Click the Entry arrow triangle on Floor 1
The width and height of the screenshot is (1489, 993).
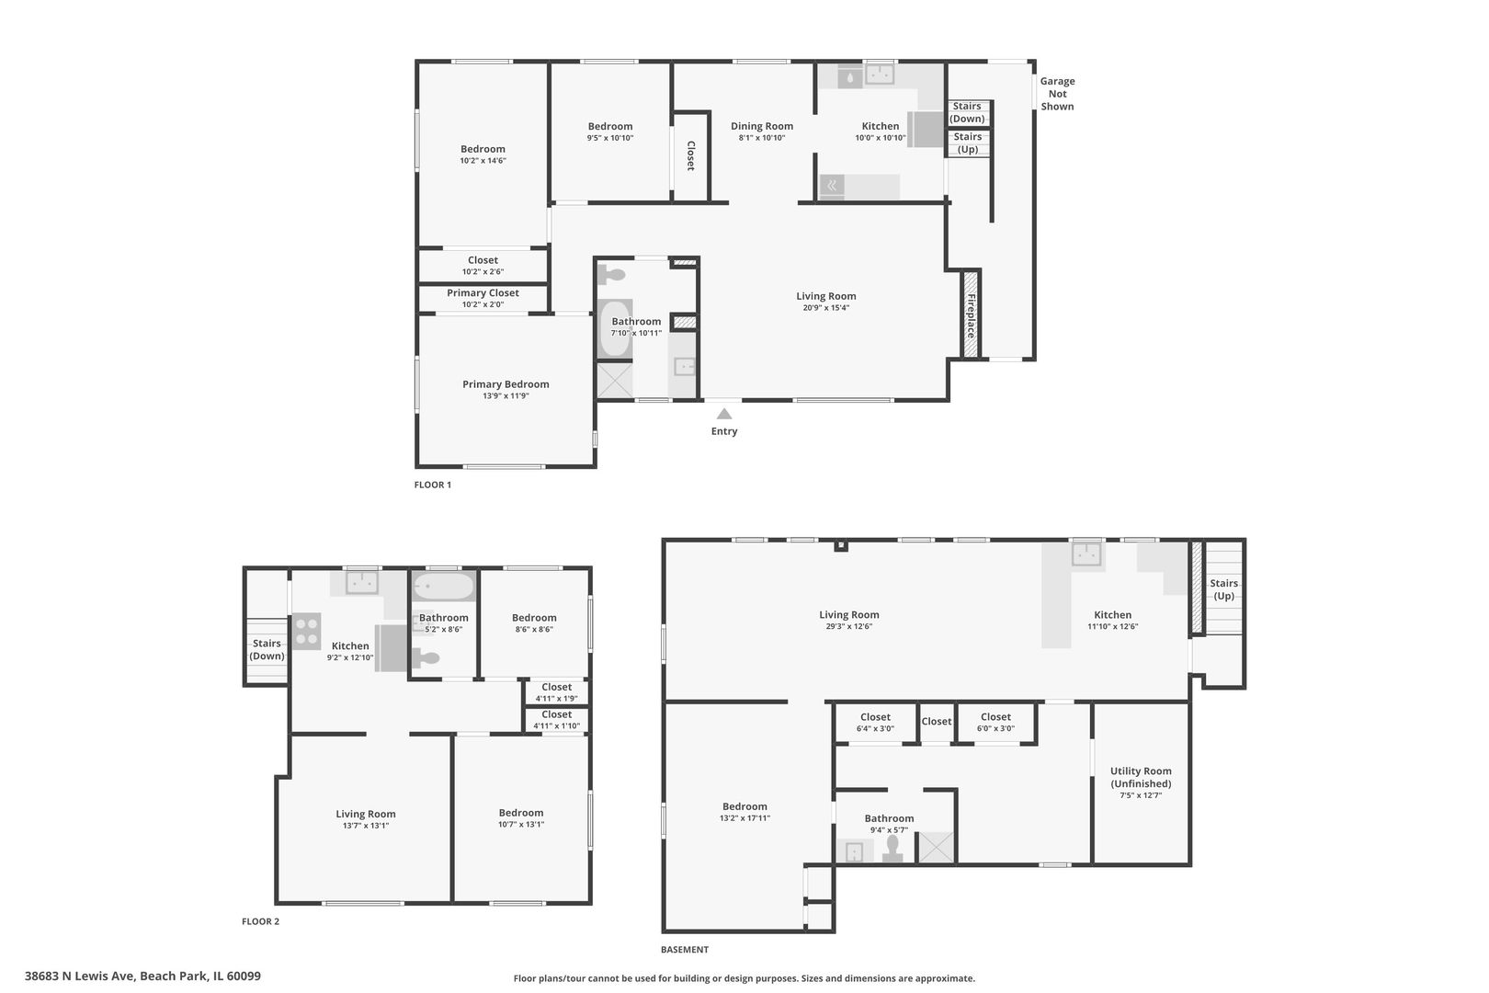coord(724,414)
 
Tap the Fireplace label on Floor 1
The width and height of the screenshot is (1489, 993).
coord(972,315)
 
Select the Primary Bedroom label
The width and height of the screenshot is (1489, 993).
coord(506,384)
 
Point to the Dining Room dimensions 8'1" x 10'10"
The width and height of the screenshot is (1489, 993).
coord(762,138)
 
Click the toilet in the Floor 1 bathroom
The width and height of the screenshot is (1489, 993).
coord(611,274)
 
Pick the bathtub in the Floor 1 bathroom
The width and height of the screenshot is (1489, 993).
coord(615,328)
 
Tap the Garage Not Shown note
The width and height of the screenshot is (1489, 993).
coord(1057,94)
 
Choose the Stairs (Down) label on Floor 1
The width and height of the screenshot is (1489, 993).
coord(967,112)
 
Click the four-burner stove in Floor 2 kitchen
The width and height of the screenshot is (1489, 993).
coord(306,631)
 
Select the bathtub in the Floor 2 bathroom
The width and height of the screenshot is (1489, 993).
coord(443,587)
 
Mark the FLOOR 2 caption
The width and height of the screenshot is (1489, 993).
coord(261,921)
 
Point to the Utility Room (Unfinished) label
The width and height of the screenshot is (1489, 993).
coord(1141,777)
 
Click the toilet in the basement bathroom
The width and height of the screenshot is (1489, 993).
coord(892,850)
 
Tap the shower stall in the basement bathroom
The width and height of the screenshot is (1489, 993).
coord(936,848)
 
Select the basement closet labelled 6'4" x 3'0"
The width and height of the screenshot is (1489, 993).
coord(875,723)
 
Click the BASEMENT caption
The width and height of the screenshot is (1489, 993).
coord(685,949)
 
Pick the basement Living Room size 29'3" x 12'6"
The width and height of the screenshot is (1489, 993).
coord(849,626)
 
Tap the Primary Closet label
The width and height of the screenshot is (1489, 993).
coord(483,292)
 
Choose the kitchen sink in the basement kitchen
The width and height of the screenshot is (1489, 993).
coord(1086,554)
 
